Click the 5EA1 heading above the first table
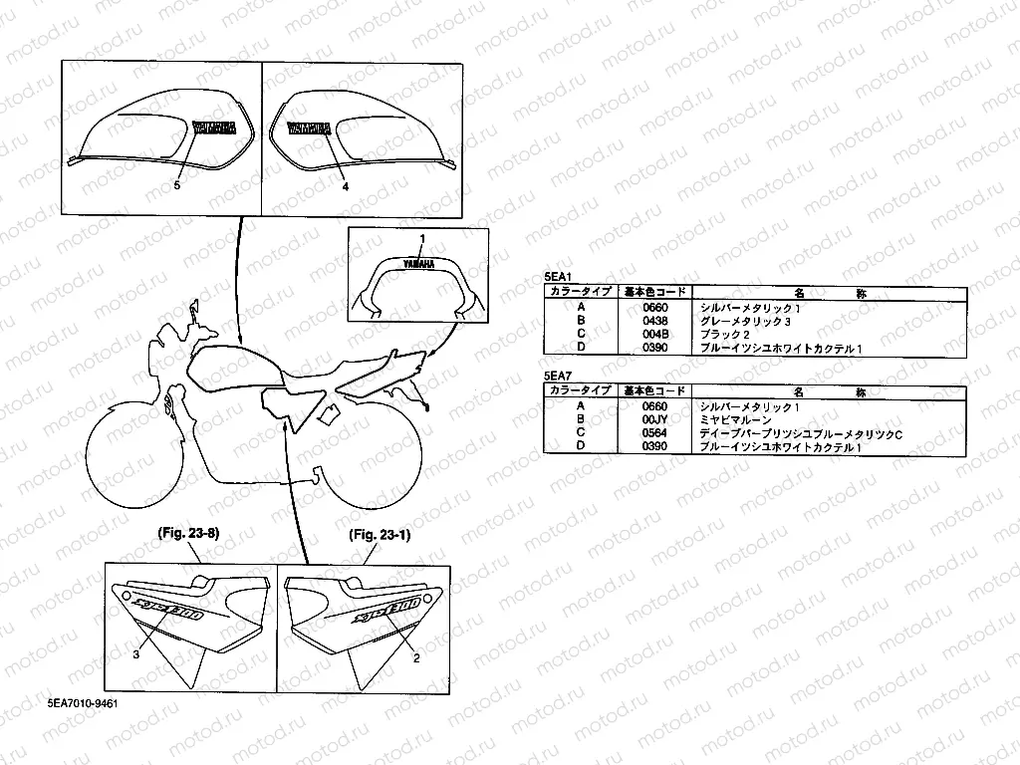tap(557, 279)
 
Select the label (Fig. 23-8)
tap(189, 534)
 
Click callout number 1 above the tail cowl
tap(422, 239)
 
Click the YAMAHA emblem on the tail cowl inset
tap(419, 264)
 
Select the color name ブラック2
tap(724, 334)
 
